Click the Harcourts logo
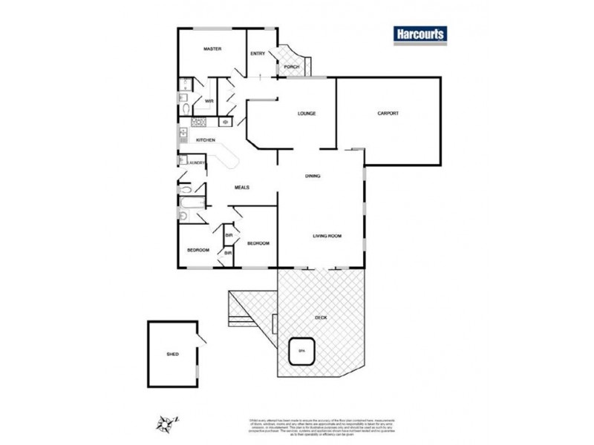pos(419,36)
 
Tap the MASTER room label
pos(213,49)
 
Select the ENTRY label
pos(258,53)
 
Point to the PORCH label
pos(292,67)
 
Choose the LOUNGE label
pos(307,113)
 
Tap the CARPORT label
pos(388,113)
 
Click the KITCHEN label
pos(206,140)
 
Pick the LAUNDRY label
pos(196,162)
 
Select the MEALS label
pos(241,188)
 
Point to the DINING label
pos(313,176)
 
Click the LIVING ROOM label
pos(327,236)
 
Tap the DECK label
pos(321,317)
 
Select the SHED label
pos(172,355)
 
